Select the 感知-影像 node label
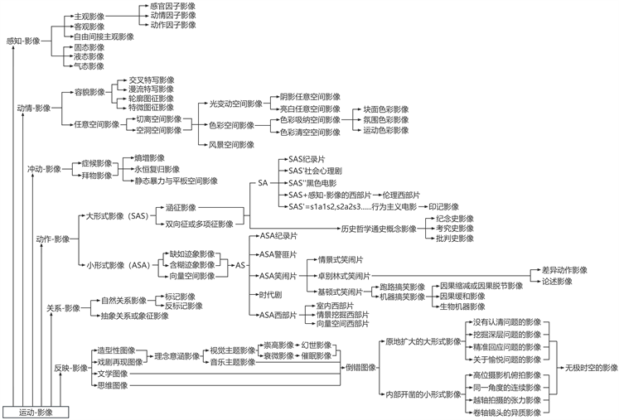[23, 41]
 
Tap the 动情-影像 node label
[34, 108]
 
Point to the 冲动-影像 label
[45, 169]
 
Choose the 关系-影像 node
[63, 308]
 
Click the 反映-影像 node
[71, 367]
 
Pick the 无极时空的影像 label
[587, 367]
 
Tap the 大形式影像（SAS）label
[117, 215]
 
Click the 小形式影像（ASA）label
[117, 265]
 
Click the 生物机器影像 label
[462, 307]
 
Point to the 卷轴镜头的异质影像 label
[506, 412]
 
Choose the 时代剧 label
[271, 295]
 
